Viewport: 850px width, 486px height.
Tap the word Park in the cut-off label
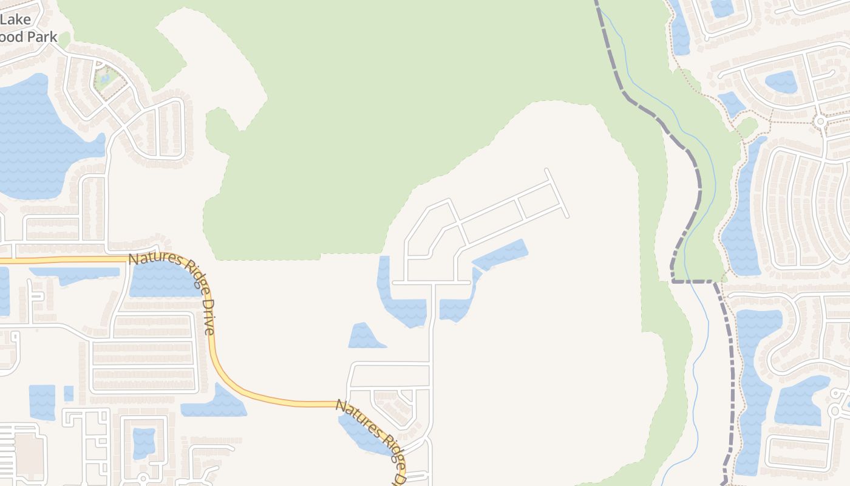coord(42,36)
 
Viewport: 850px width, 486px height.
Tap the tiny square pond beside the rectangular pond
coord(69,393)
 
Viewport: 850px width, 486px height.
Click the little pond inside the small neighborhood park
coord(106,78)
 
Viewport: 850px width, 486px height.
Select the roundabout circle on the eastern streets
coord(821,121)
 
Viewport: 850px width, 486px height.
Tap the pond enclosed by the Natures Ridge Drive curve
coord(161,279)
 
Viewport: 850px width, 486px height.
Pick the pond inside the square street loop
coord(144,442)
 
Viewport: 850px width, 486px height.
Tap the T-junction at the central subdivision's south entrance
coord(432,282)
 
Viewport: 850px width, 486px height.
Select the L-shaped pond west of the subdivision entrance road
coord(395,301)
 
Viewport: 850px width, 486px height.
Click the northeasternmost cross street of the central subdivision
coord(557,193)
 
